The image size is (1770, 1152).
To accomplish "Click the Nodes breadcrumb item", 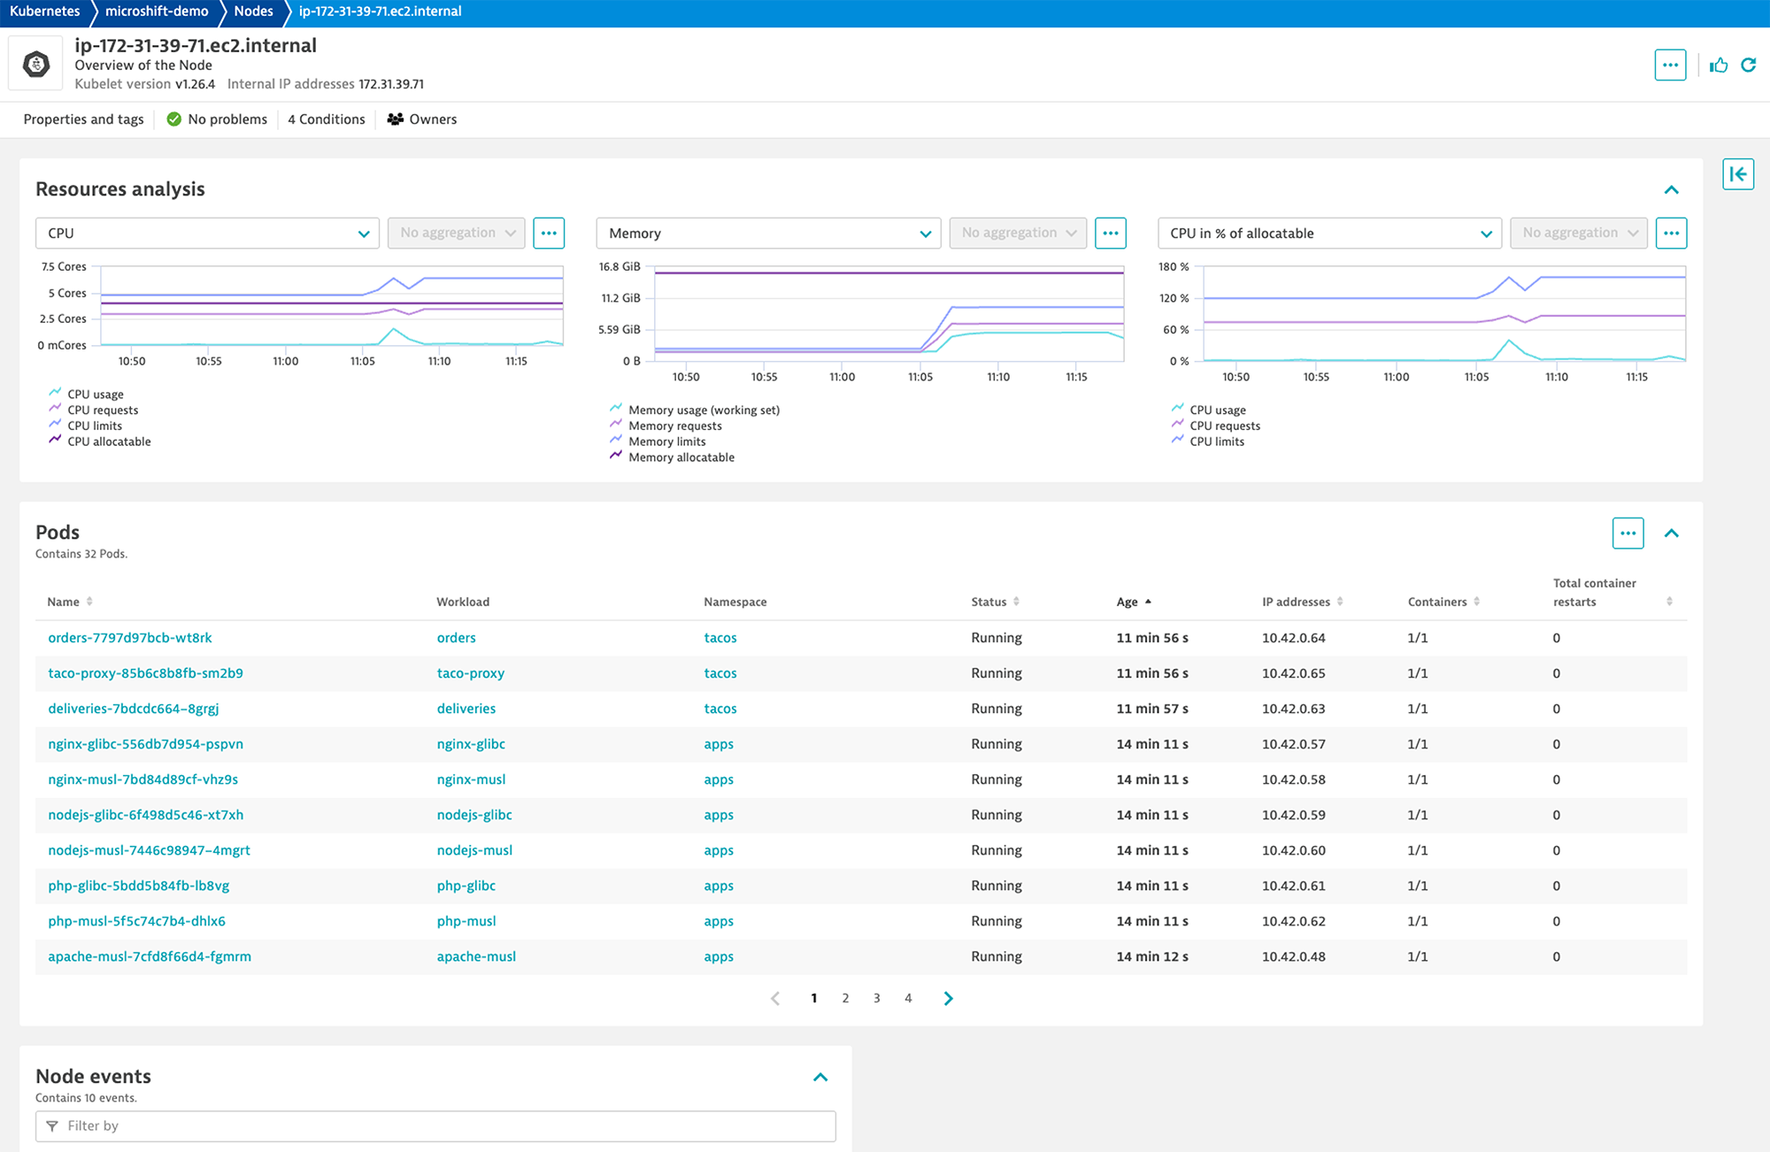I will [x=253, y=12].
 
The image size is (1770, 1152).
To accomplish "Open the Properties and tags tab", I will [x=83, y=119].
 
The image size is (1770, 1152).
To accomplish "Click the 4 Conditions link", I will [x=326, y=119].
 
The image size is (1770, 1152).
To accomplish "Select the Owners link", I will [x=423, y=119].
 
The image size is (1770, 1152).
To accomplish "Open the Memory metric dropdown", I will [x=767, y=234].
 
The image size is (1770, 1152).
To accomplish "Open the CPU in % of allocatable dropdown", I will [x=1328, y=234].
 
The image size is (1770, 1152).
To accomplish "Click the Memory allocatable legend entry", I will [x=681, y=457].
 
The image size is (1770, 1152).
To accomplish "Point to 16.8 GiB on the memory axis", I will [x=619, y=266].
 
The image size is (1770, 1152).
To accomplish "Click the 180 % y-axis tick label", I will [x=1174, y=266].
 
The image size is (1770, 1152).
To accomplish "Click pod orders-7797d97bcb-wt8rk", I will [x=130, y=638].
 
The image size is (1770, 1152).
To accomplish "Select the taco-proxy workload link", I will [x=470, y=673].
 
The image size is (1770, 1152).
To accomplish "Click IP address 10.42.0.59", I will [x=1293, y=815].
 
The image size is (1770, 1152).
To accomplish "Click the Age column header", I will [x=1127, y=602].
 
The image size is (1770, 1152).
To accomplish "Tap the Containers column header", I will [x=1436, y=602].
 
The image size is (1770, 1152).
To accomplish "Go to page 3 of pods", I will [x=876, y=998].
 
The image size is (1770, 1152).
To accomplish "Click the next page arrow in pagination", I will [x=948, y=998].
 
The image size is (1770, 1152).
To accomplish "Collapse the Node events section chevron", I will [x=820, y=1077].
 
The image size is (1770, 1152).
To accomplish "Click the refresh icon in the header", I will [x=1749, y=65].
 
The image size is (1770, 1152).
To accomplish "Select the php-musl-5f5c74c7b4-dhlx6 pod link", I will [x=136, y=921].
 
